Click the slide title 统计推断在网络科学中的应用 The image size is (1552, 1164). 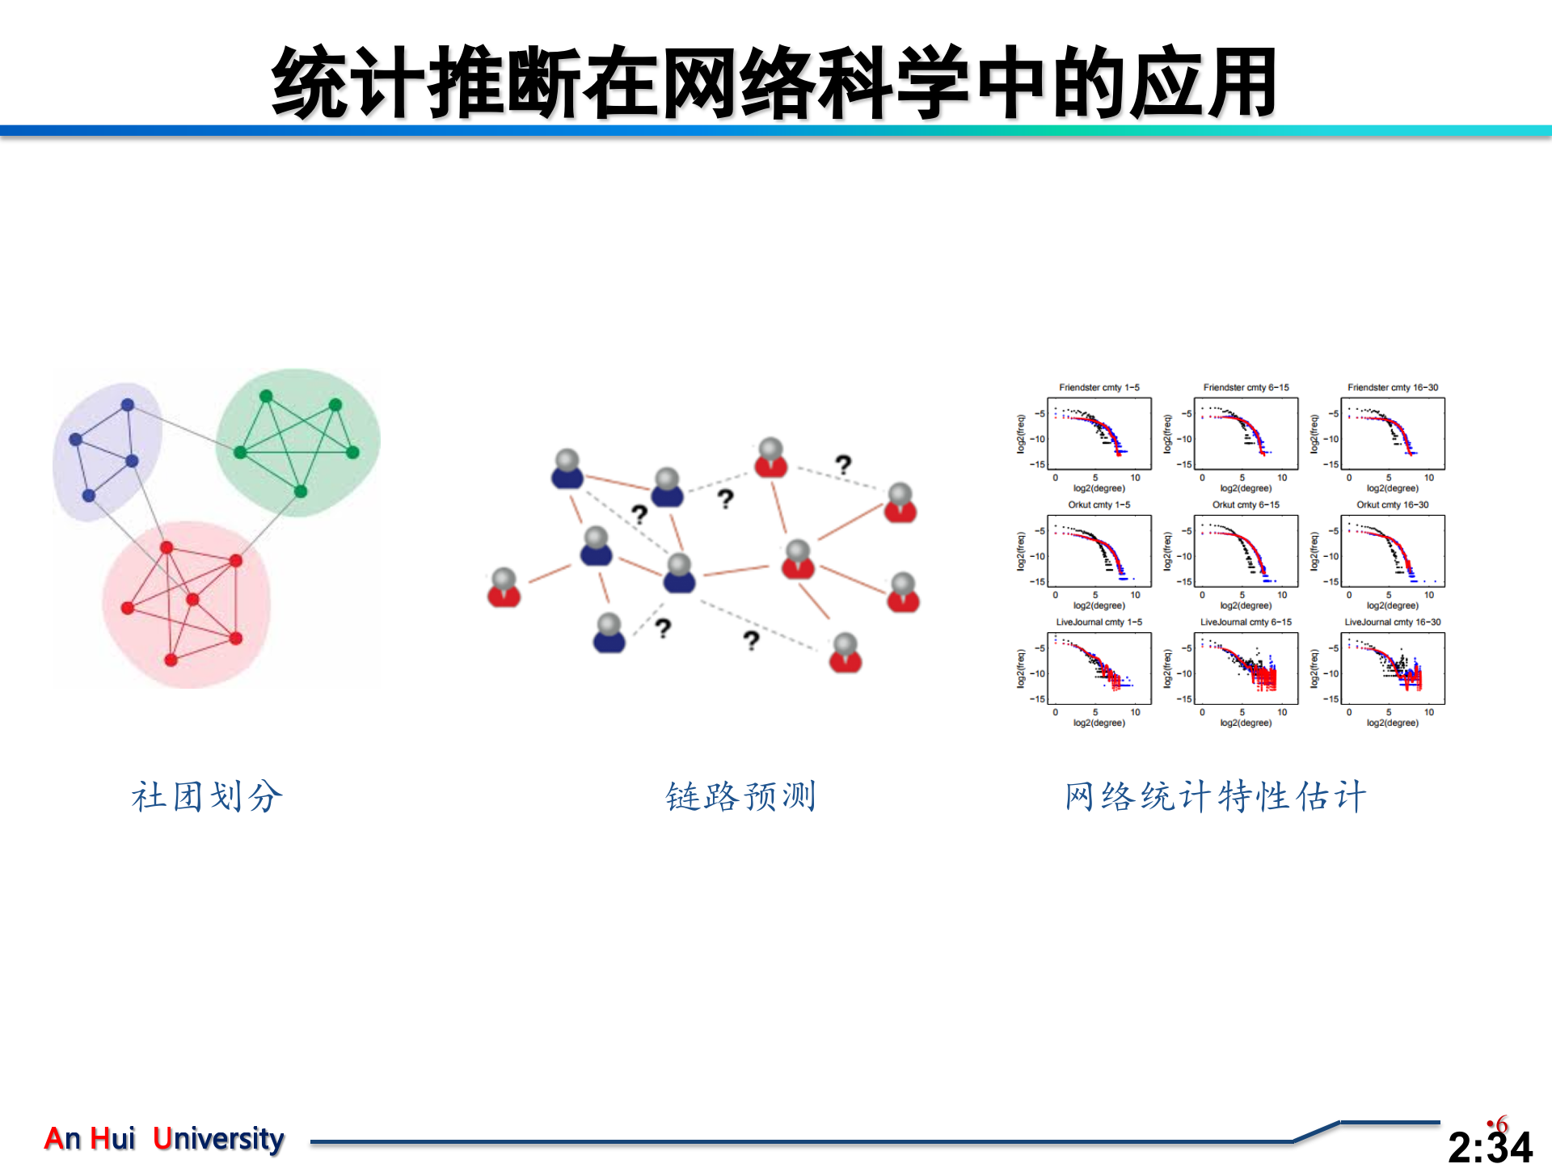pos(774,82)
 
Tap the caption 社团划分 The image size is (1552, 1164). pos(207,796)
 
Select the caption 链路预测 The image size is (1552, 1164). pos(740,796)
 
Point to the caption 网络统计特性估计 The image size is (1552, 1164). pos(1215,796)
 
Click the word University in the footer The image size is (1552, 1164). pos(218,1138)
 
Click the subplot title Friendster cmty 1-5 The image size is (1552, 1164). pos(1099,387)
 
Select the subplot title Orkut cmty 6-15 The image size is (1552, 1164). pos(1246,504)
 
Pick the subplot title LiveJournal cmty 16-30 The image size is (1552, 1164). pos(1392,622)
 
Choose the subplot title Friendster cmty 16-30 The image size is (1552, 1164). pos(1392,387)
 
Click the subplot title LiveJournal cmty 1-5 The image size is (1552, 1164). pos(1099,622)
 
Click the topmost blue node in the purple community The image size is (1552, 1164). pos(128,405)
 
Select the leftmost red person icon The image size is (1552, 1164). pos(504,588)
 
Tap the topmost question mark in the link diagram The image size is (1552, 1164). pos(843,464)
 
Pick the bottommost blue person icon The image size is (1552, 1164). pos(609,634)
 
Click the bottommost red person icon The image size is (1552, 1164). pos(846,654)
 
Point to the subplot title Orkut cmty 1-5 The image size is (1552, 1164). pos(1099,504)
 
